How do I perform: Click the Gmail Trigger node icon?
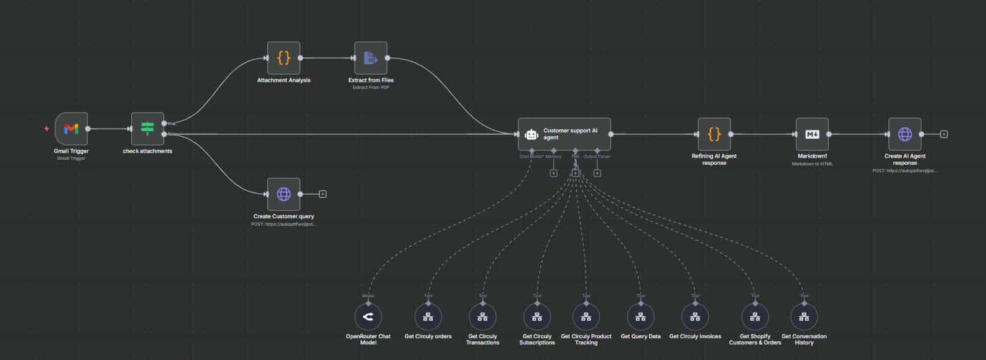tap(71, 129)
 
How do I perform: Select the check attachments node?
tap(147, 129)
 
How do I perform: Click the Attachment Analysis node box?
tap(283, 58)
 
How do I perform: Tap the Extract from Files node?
tap(371, 58)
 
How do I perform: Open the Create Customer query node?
tap(283, 194)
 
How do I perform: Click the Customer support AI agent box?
tap(564, 134)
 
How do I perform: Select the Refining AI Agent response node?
tap(714, 134)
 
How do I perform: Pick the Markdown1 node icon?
tap(812, 134)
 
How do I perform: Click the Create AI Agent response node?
tap(905, 134)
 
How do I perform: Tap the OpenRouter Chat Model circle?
tap(368, 317)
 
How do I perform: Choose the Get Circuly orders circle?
tap(428, 317)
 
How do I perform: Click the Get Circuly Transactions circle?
tap(482, 317)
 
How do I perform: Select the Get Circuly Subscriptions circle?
tap(537, 317)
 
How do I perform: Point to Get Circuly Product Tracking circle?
tap(586, 317)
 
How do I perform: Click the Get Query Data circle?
tap(640, 317)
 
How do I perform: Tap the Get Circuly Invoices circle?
tap(695, 317)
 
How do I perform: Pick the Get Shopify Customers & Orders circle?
tap(755, 317)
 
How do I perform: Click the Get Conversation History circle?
tap(804, 317)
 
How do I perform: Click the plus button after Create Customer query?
tap(323, 194)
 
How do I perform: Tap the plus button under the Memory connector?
tap(553, 173)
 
